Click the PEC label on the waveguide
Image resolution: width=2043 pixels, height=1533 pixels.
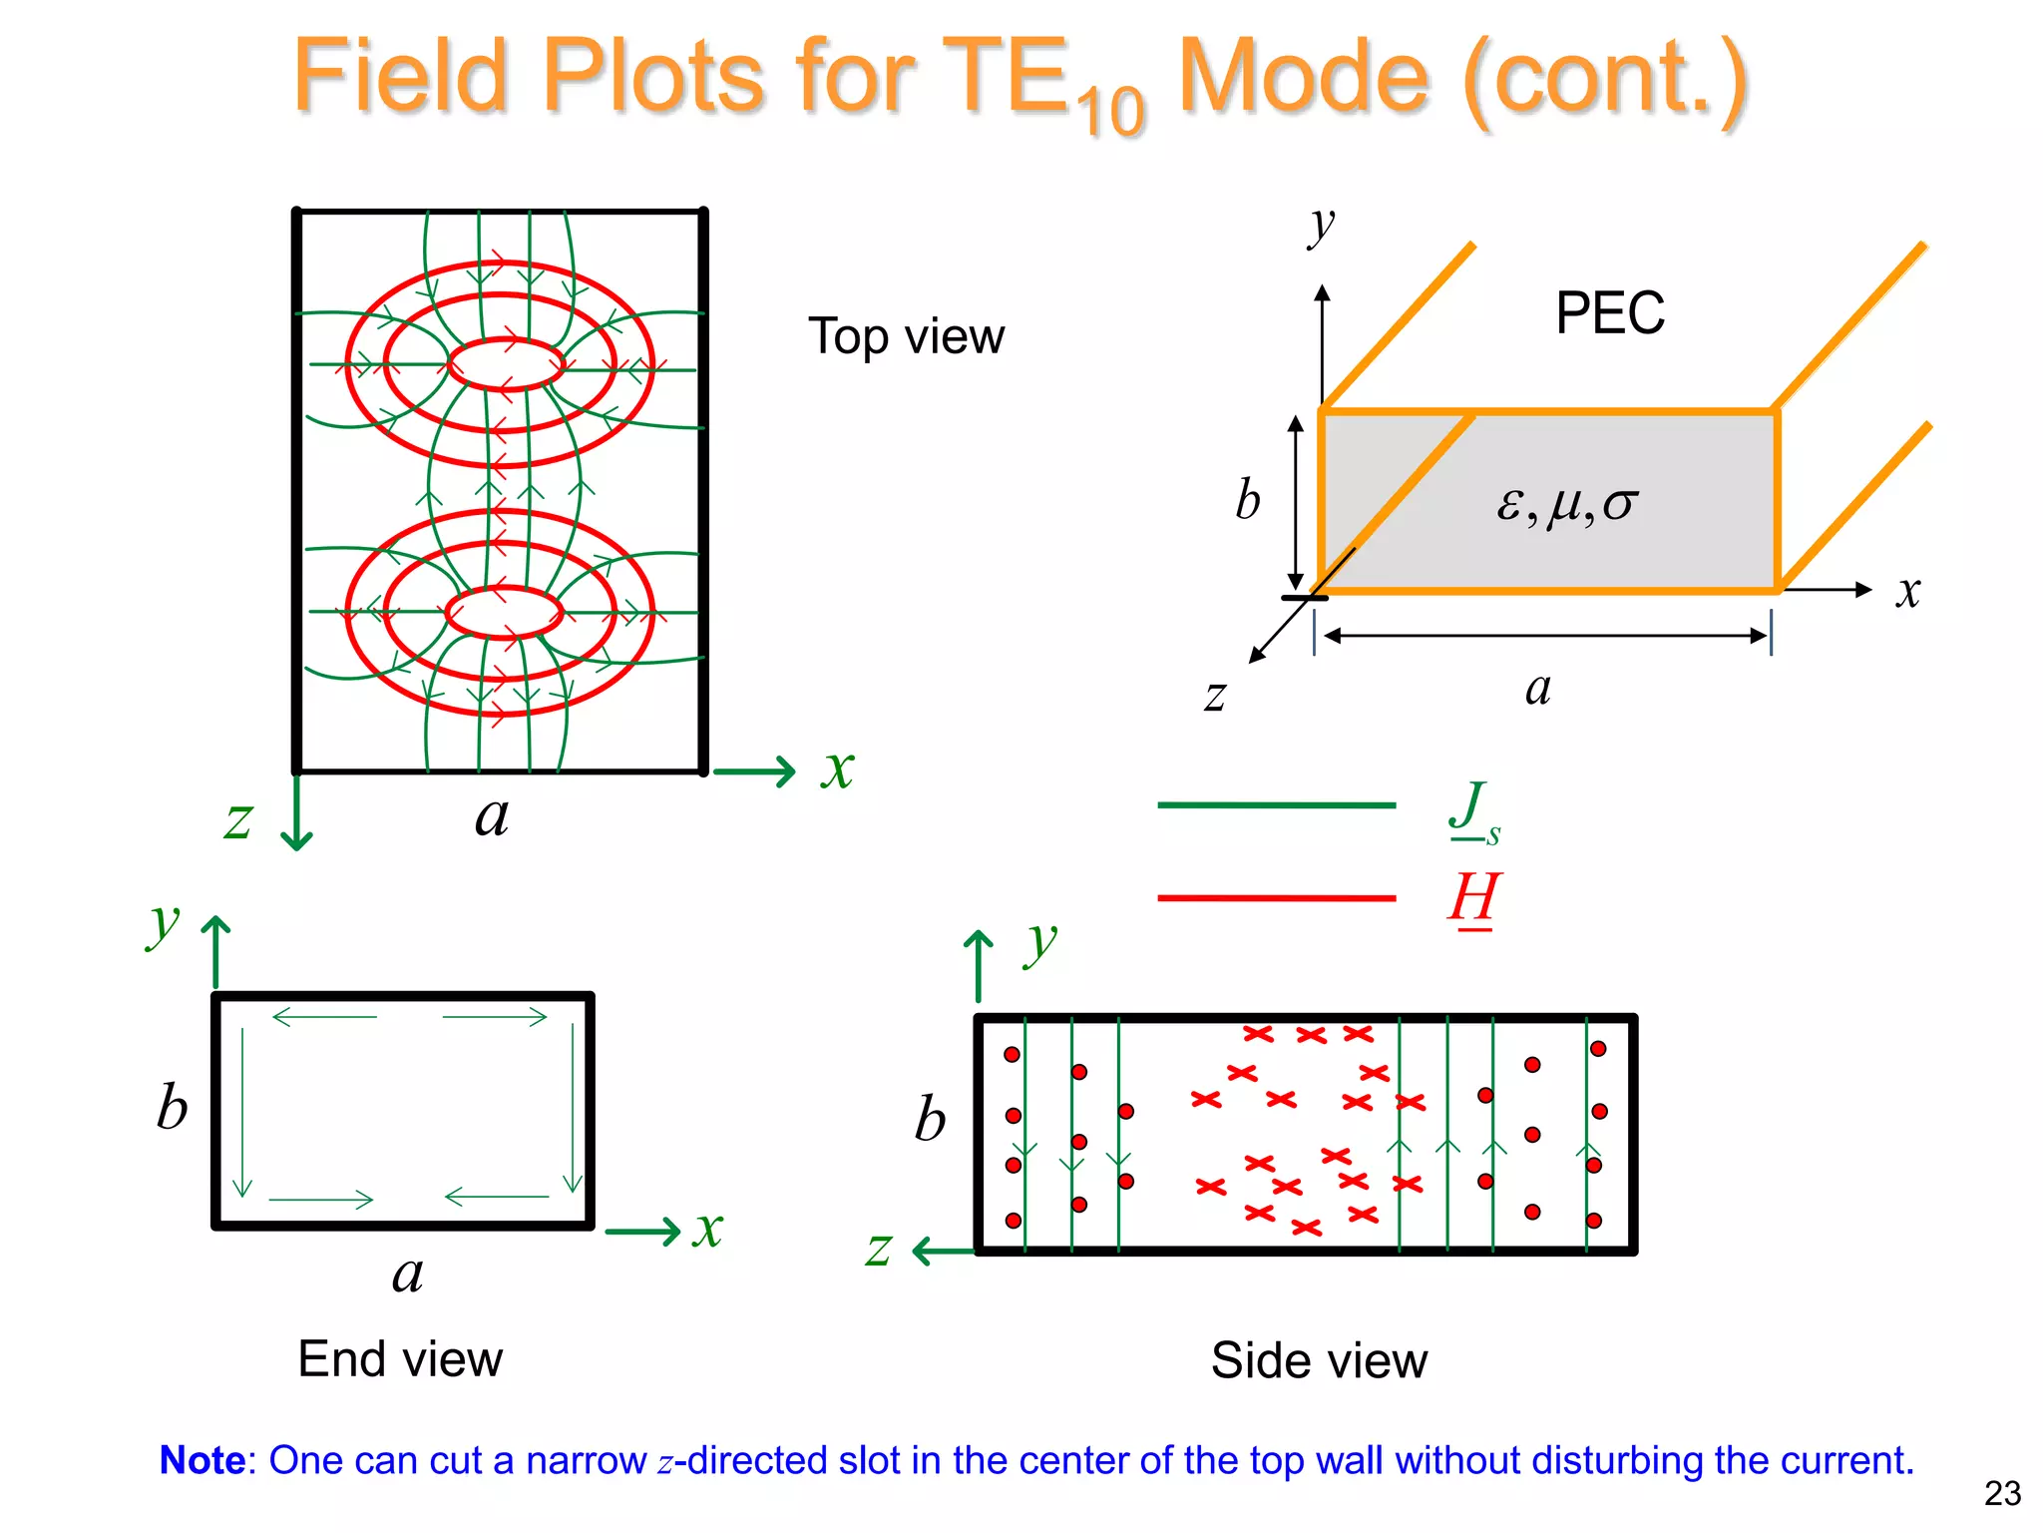tap(1609, 313)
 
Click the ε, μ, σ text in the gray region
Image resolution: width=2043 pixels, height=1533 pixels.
tap(1566, 504)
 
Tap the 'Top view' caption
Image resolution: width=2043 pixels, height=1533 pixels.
tap(906, 336)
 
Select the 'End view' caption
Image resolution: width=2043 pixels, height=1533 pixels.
tap(400, 1359)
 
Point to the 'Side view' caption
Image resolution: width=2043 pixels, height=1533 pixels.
tap(1319, 1360)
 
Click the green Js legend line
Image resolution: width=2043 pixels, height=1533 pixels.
tap(1276, 804)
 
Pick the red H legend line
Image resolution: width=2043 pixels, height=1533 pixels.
tap(1276, 898)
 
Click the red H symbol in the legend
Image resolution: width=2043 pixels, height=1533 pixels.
tap(1474, 897)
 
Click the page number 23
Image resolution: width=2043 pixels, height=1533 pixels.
tap(2002, 1493)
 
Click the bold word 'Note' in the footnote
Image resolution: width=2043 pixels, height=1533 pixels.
tap(203, 1460)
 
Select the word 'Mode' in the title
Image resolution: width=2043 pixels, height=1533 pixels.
tap(1304, 77)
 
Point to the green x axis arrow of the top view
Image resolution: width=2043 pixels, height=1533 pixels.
tap(754, 771)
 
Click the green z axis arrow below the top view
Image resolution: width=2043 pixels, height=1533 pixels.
tap(296, 813)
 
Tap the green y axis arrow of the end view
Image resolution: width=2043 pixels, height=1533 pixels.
tap(215, 951)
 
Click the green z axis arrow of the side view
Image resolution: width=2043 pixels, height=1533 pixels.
tap(942, 1251)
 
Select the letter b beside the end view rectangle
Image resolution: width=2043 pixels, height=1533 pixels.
tap(172, 1107)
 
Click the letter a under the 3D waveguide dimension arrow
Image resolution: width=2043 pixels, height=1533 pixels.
tap(1537, 688)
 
